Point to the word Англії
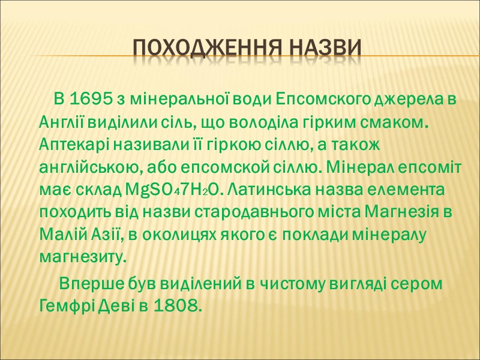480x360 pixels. (62, 123)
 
